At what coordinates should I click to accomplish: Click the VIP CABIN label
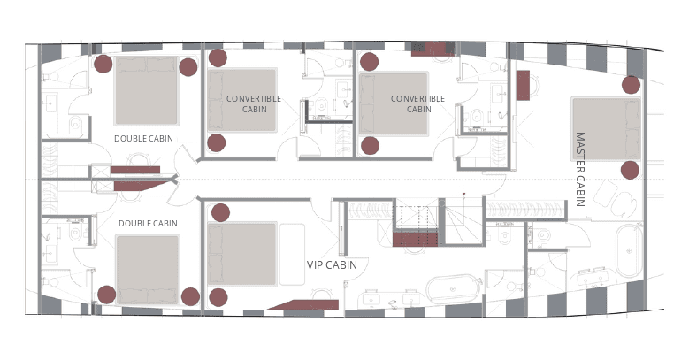(332, 265)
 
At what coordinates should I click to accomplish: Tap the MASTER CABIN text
(580, 169)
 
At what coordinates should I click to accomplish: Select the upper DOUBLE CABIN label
(143, 139)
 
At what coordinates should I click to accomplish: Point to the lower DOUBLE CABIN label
(148, 223)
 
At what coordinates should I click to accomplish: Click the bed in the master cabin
(607, 129)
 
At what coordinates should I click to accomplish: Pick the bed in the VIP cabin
(242, 254)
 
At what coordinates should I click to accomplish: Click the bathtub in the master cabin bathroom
(629, 250)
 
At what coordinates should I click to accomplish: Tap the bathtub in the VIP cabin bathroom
(452, 288)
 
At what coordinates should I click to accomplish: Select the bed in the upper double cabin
(146, 90)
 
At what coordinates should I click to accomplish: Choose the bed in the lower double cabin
(148, 270)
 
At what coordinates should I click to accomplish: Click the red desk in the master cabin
(523, 85)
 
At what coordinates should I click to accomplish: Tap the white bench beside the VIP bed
(292, 254)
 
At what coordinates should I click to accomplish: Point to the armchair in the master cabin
(615, 199)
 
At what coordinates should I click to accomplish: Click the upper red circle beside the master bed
(631, 85)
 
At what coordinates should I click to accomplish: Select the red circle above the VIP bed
(220, 213)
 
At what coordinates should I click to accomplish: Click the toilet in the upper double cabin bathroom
(75, 125)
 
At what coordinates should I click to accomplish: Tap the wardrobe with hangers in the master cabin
(525, 210)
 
